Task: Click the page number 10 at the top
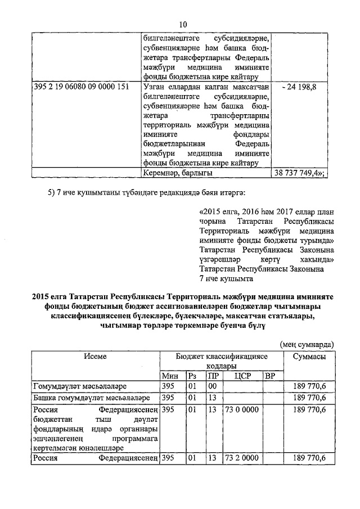182,24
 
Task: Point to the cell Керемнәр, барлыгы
178,173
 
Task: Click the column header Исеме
96,356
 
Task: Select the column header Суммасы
309,356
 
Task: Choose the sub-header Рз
193,376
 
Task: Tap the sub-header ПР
213,376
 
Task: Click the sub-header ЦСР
243,376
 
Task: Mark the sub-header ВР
271,376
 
